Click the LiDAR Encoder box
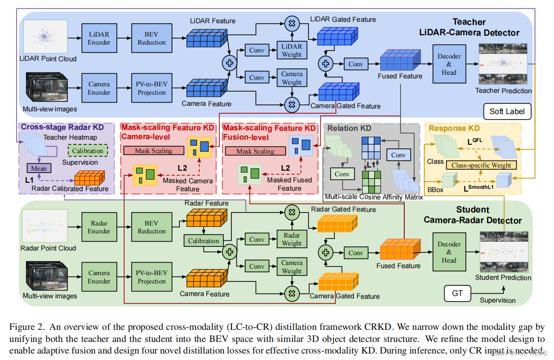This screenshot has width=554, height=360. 99,38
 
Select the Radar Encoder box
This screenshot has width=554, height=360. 99,227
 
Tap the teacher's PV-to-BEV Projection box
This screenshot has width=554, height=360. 152,88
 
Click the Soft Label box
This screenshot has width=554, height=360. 507,111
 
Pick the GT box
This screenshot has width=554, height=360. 457,293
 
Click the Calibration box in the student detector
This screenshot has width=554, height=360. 203,241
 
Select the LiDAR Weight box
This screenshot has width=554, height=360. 292,50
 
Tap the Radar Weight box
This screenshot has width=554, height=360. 292,239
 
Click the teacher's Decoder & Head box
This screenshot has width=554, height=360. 449,64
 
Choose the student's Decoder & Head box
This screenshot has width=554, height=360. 449,252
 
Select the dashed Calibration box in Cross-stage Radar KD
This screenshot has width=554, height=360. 88,151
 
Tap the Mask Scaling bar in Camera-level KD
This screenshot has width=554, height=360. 153,151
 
